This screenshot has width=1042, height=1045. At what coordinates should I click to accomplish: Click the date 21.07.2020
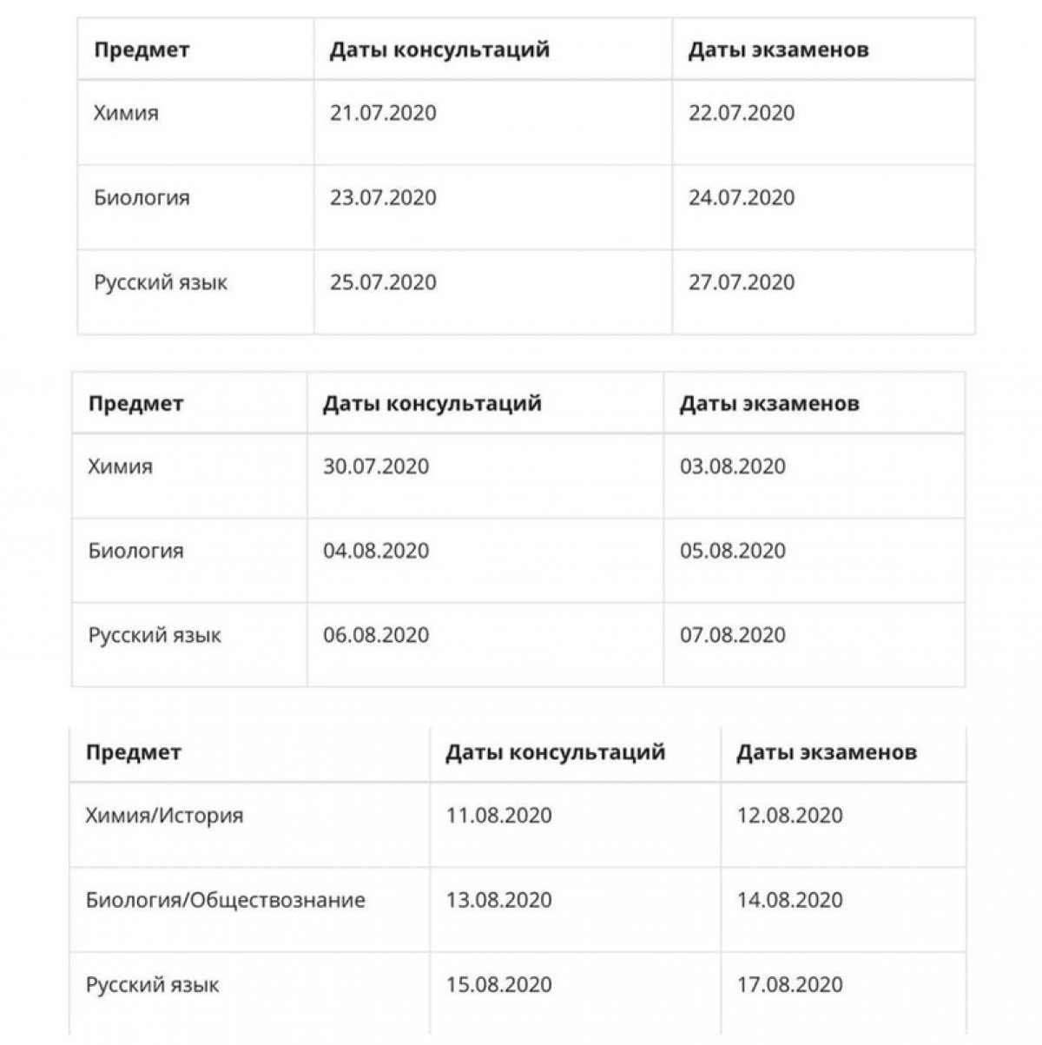point(383,113)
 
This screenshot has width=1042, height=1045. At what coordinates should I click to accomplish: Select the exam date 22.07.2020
point(742,113)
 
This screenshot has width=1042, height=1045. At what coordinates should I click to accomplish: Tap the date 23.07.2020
point(383,198)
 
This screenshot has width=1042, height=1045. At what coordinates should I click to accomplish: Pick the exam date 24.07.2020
point(742,198)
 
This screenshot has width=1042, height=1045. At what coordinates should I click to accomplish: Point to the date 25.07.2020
point(383,282)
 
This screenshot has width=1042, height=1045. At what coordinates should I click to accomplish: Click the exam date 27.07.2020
point(742,282)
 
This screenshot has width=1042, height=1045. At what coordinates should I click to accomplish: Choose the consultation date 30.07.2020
point(376,466)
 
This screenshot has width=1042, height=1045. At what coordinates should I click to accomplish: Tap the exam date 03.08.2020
point(733,466)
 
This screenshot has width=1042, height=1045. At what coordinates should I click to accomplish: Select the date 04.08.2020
point(376,551)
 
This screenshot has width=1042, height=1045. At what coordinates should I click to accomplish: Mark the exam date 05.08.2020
point(733,551)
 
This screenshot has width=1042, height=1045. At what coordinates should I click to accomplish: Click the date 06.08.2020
point(376,635)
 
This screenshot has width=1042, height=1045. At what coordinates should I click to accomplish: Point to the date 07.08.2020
point(733,635)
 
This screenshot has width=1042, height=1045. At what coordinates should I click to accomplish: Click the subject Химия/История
point(164,816)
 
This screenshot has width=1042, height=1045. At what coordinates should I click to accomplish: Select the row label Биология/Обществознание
point(225,900)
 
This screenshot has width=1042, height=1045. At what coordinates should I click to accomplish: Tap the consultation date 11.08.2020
point(499,816)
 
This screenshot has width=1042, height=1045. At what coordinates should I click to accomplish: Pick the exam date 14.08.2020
point(790,900)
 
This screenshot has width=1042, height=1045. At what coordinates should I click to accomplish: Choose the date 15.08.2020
point(499,985)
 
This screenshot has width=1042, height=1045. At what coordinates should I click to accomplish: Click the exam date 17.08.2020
point(790,985)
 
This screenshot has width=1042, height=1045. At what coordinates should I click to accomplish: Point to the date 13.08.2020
point(499,900)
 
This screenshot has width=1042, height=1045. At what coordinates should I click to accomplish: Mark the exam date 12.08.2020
point(790,816)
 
